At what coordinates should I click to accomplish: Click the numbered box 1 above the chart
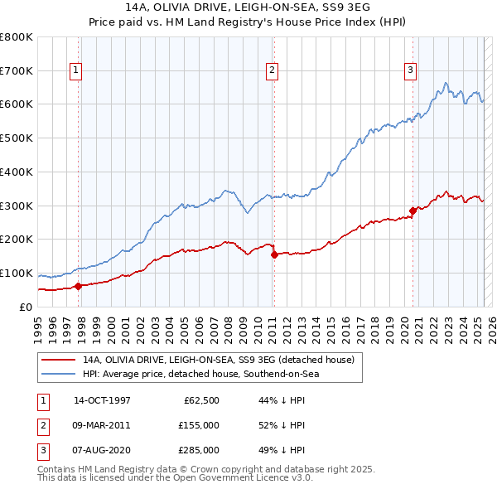point(75,71)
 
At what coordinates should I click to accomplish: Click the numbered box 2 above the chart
point(272,71)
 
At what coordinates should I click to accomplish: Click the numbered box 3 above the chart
point(410,71)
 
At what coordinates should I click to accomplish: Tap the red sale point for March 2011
point(274,254)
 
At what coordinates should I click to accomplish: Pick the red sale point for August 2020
point(413,211)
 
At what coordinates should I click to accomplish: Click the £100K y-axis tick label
point(17,273)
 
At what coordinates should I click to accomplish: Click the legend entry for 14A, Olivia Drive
point(219,360)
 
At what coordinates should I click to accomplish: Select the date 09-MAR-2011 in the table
point(102,425)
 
